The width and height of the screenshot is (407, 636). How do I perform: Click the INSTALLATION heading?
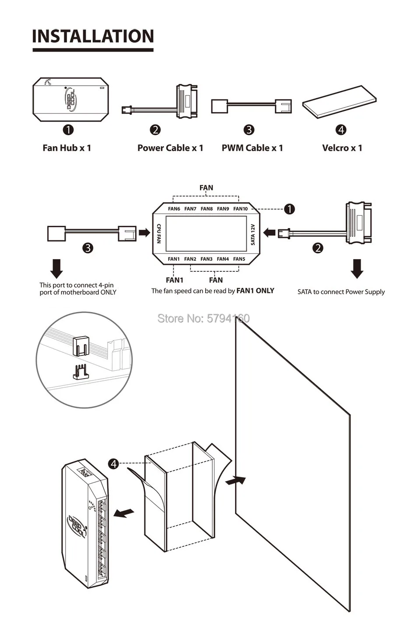(93, 36)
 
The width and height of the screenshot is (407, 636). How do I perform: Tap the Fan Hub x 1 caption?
(67, 148)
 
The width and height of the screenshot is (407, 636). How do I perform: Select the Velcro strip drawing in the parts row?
(339, 102)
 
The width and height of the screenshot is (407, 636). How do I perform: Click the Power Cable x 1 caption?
(170, 148)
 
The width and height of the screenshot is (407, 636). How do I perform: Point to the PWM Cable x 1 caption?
(252, 148)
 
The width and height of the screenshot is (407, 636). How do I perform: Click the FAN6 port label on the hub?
(174, 209)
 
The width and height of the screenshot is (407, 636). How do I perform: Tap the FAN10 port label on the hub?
(240, 209)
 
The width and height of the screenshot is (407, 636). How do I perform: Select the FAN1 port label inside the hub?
(174, 259)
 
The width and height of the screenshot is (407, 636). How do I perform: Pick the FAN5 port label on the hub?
(239, 259)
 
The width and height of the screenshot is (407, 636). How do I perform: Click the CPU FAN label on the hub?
(159, 233)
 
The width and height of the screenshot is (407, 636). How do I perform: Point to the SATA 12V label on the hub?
(253, 234)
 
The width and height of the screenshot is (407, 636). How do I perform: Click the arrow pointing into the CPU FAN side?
(144, 232)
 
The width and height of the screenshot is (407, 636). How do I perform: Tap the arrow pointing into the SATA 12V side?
(269, 232)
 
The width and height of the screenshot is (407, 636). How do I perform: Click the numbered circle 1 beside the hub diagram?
(289, 209)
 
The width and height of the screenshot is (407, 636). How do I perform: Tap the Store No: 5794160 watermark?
(203, 318)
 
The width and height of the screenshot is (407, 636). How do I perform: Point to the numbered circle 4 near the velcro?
(113, 464)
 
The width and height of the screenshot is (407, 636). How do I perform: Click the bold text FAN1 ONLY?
(255, 291)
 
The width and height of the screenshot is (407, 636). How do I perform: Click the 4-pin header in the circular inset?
(80, 372)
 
